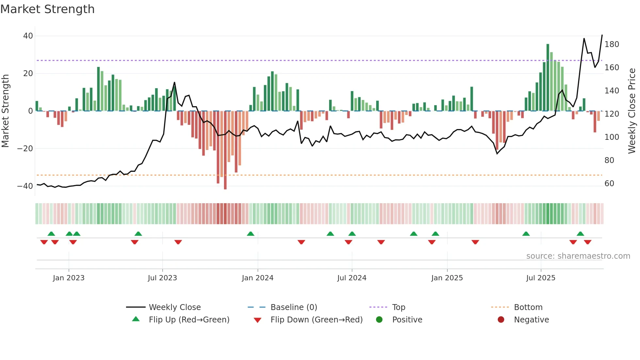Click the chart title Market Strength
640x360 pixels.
(47, 9)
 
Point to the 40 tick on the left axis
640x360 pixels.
(28, 36)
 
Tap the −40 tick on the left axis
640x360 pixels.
(25, 186)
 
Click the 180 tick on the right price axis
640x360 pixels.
(612, 44)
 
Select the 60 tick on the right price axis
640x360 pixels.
(609, 184)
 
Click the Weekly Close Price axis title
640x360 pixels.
(632, 111)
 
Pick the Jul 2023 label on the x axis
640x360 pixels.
(162, 278)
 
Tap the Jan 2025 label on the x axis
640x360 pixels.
(447, 278)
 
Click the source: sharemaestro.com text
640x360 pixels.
(578, 256)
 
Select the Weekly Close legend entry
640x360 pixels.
(175, 307)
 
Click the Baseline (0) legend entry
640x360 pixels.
(294, 307)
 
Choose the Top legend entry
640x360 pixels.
(399, 307)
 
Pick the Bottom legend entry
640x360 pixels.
(528, 307)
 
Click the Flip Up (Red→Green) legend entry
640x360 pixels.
(189, 320)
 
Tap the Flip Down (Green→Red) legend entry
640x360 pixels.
(316, 320)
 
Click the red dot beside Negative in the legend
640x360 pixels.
(501, 319)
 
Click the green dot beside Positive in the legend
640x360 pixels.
(379, 319)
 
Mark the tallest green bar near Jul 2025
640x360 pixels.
(548, 77)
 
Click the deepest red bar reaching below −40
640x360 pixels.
(225, 150)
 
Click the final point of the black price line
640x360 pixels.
(602, 35)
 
